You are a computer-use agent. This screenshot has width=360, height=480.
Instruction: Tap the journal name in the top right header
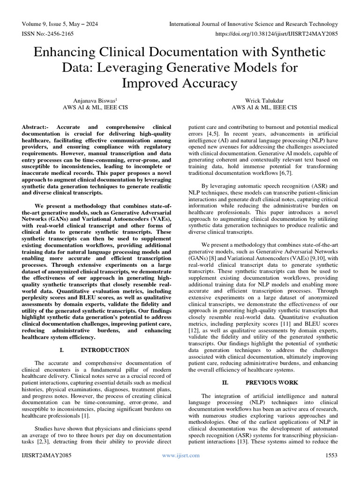tap(253, 24)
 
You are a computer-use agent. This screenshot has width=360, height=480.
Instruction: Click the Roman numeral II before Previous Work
tap(225, 382)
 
